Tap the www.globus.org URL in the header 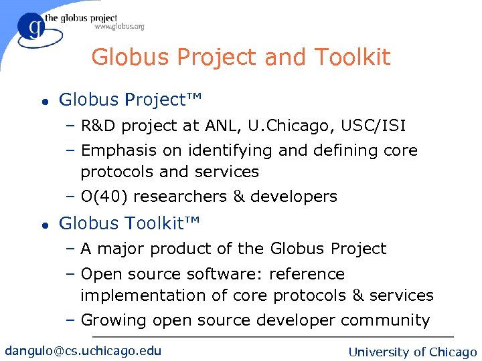coord(119,27)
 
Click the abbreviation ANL coord(220,126)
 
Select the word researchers coord(181,197)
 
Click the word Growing coord(113,320)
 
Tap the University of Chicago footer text coord(413,352)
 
